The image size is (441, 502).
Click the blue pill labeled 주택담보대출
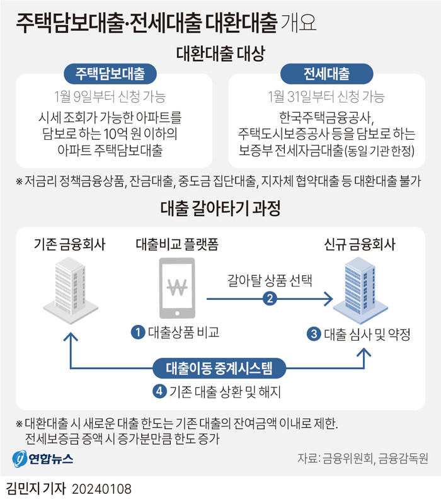(x=110, y=74)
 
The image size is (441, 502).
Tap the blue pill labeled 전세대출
(x=327, y=74)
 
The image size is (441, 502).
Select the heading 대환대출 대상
(x=220, y=53)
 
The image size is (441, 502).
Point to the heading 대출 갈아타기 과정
(x=220, y=208)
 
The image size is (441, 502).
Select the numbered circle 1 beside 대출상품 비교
(x=138, y=332)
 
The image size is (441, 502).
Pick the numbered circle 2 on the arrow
(x=270, y=299)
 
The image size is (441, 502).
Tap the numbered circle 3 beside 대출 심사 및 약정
(x=314, y=334)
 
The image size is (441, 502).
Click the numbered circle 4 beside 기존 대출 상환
(x=159, y=391)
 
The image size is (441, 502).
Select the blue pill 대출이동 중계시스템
(x=219, y=368)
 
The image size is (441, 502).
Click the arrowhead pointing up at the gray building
(x=71, y=336)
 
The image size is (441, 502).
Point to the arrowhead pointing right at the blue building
(x=329, y=299)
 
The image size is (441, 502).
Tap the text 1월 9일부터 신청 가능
(x=110, y=96)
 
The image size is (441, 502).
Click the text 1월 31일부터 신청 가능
(x=326, y=96)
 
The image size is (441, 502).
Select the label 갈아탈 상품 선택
(x=270, y=280)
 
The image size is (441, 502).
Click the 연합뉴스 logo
(x=43, y=459)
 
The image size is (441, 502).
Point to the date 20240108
(x=101, y=489)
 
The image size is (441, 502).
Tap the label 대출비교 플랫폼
(x=177, y=244)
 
